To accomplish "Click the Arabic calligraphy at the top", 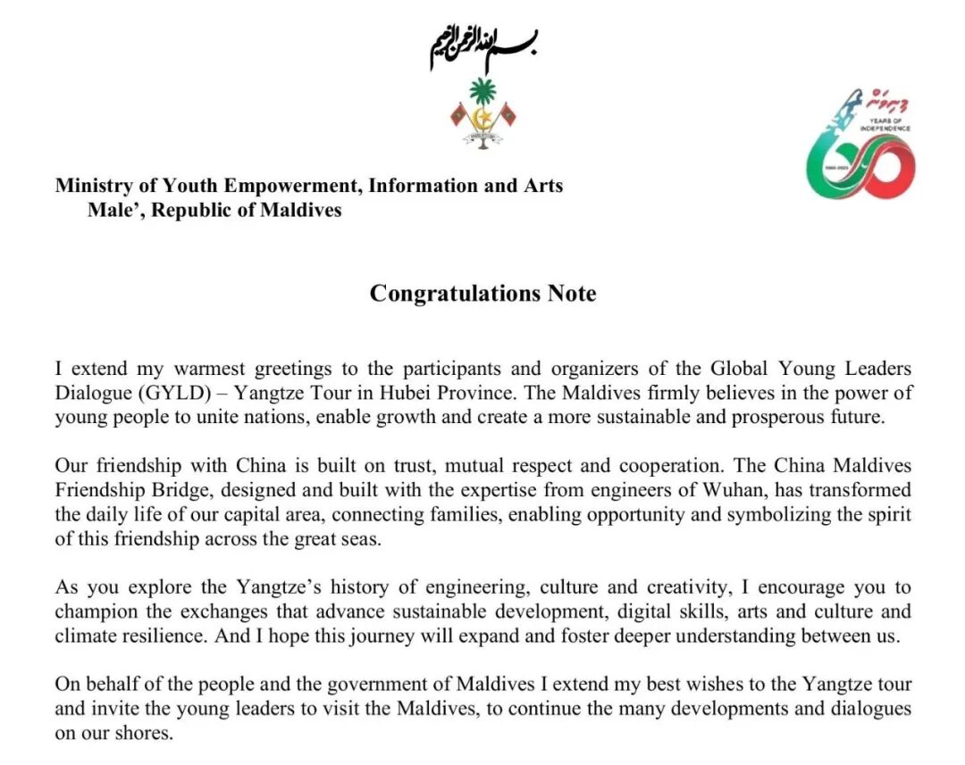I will coord(483,48).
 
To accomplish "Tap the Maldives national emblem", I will coord(483,112).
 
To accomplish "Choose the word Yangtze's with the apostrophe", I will coord(279,587).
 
